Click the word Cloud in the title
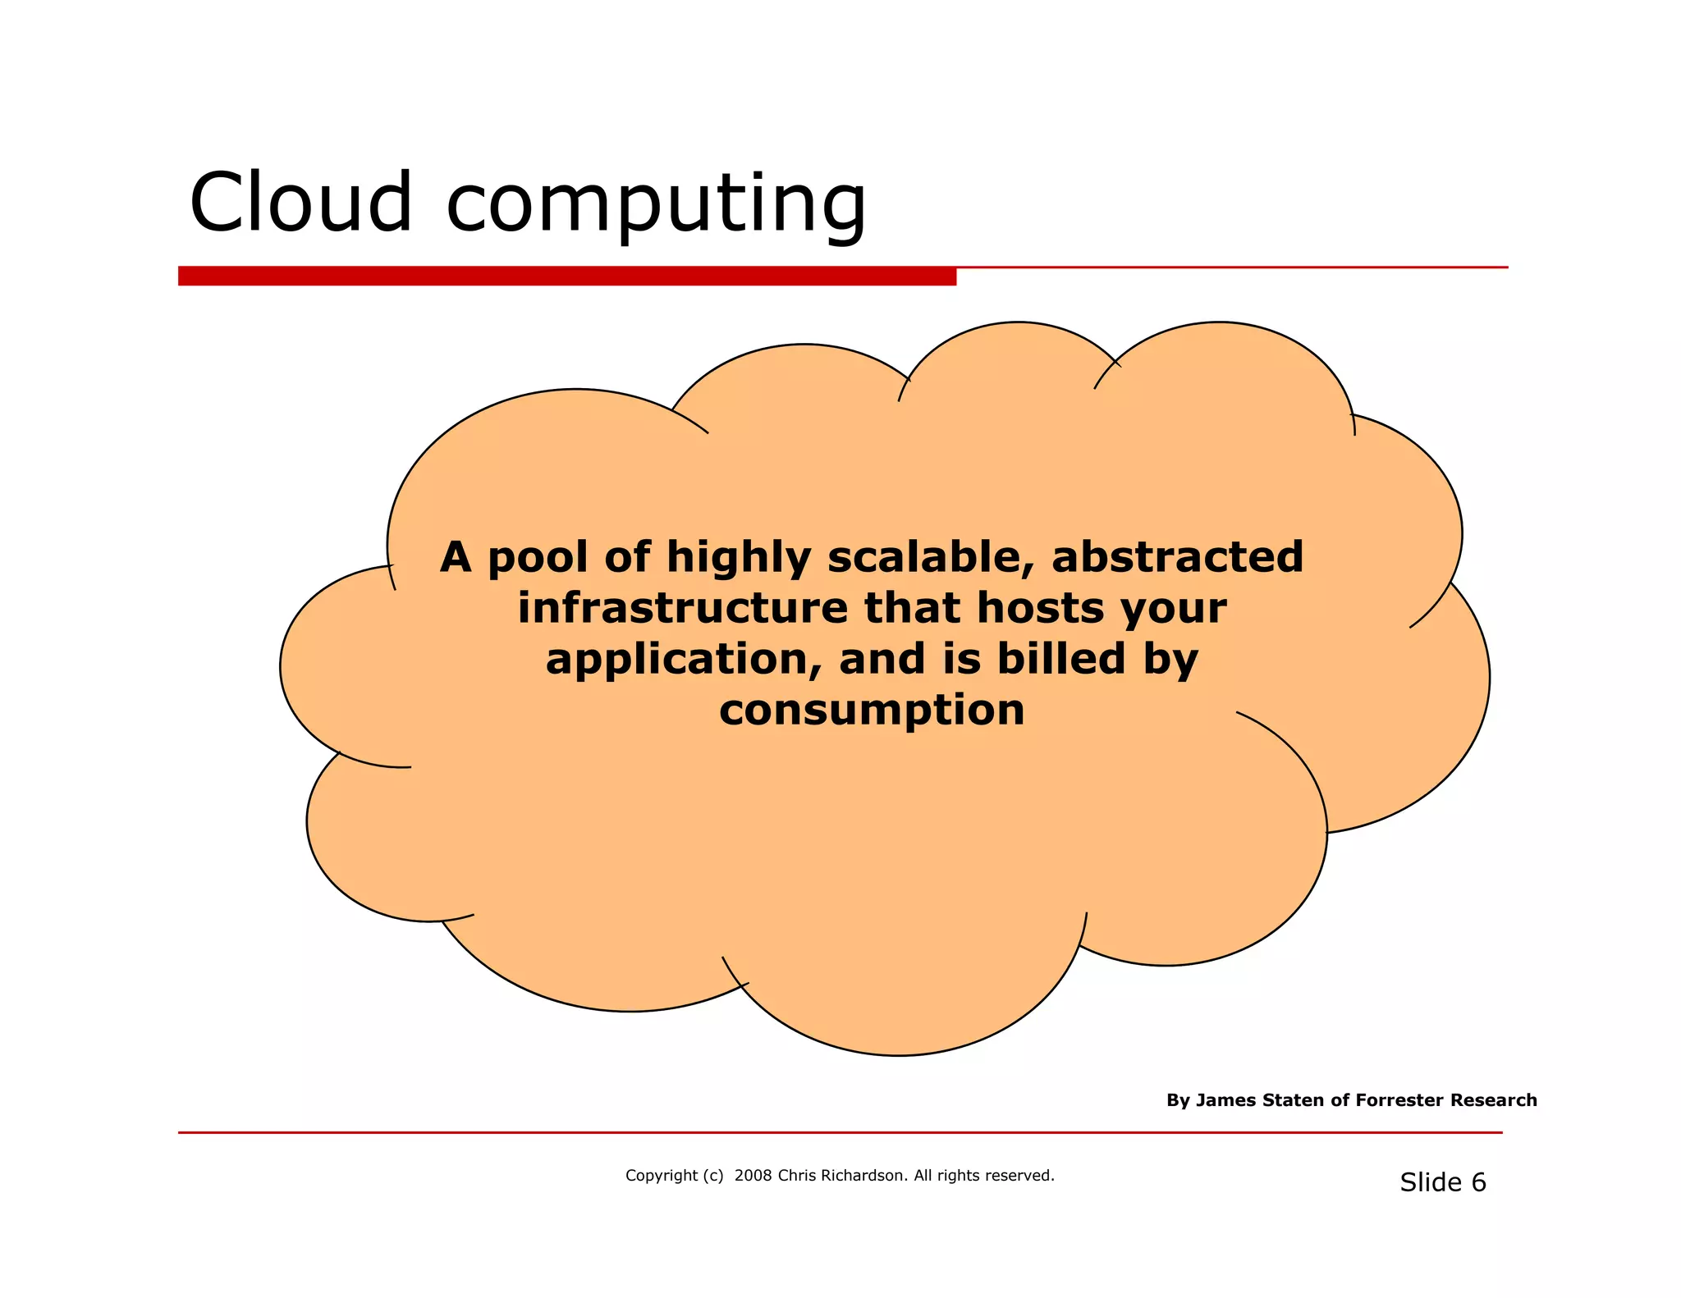(x=300, y=203)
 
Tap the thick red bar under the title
(x=566, y=277)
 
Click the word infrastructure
(x=682, y=608)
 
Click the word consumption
(x=872, y=711)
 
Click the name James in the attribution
(x=1223, y=1100)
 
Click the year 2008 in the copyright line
(x=753, y=1176)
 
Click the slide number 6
(x=1478, y=1182)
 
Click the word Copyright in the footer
(x=661, y=1176)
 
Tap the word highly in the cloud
(x=738, y=559)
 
